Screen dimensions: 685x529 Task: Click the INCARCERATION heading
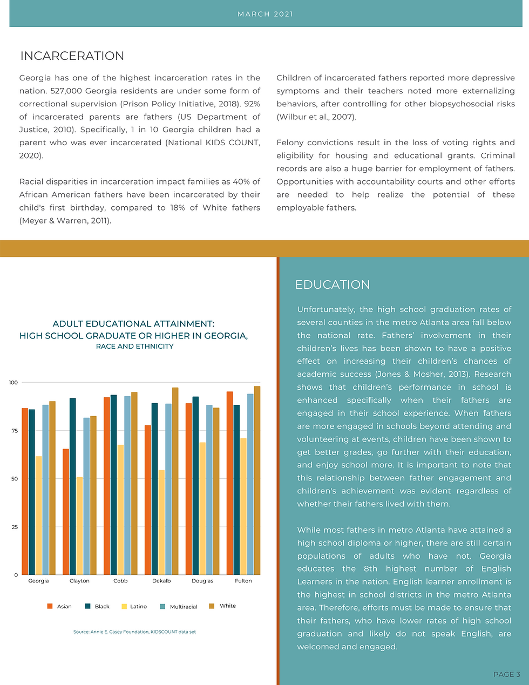[72, 56]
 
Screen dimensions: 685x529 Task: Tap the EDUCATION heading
[333, 284]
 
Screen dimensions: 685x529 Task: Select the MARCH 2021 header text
[265, 14]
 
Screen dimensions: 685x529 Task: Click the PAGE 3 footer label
[507, 674]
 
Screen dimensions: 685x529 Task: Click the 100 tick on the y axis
[13, 383]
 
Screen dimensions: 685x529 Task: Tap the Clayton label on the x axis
[79, 581]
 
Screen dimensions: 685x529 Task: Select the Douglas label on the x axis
[202, 581]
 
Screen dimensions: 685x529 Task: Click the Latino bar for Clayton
[80, 526]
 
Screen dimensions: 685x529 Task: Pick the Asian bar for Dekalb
[148, 500]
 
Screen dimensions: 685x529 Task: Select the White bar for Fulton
[257, 480]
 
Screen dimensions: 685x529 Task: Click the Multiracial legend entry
[179, 607]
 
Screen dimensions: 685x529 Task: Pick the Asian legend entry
[59, 607]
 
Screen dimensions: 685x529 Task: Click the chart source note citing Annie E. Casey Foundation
[134, 632]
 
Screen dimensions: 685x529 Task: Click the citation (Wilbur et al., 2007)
[316, 117]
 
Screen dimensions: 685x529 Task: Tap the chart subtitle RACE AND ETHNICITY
[134, 347]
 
